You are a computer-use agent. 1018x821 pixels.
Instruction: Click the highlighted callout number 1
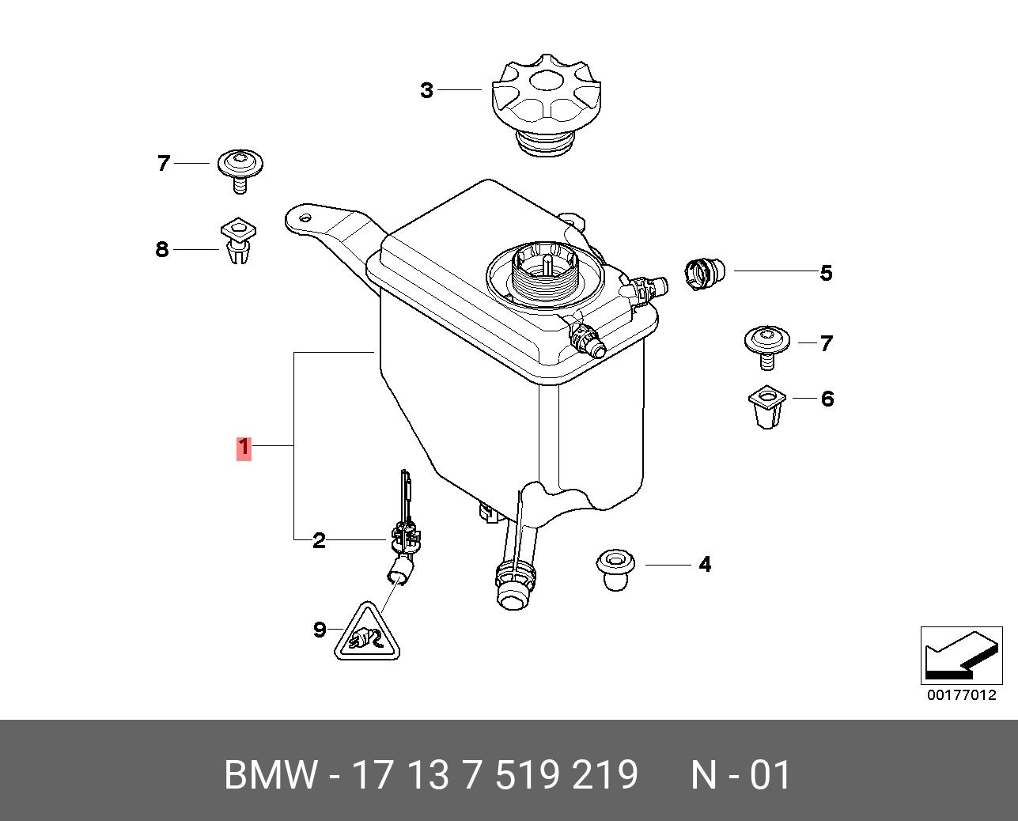(x=244, y=448)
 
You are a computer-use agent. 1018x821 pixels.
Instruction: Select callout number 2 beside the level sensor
(x=319, y=541)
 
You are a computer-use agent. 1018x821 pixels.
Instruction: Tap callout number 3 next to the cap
(x=427, y=91)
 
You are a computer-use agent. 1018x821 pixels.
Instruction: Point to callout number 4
(x=704, y=565)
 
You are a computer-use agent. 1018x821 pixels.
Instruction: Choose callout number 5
(x=826, y=274)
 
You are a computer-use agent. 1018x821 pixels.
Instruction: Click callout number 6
(x=827, y=399)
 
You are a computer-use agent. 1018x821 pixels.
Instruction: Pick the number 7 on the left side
(x=164, y=164)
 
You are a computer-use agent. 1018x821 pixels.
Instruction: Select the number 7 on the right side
(x=826, y=343)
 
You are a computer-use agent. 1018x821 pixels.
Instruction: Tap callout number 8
(x=162, y=250)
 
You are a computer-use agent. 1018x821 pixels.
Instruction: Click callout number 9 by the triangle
(x=320, y=630)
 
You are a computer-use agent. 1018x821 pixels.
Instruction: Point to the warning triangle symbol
(x=365, y=634)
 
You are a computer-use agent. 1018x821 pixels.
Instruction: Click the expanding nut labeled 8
(x=238, y=241)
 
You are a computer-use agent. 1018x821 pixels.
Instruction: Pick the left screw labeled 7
(x=240, y=169)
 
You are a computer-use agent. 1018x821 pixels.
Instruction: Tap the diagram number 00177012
(x=962, y=696)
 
